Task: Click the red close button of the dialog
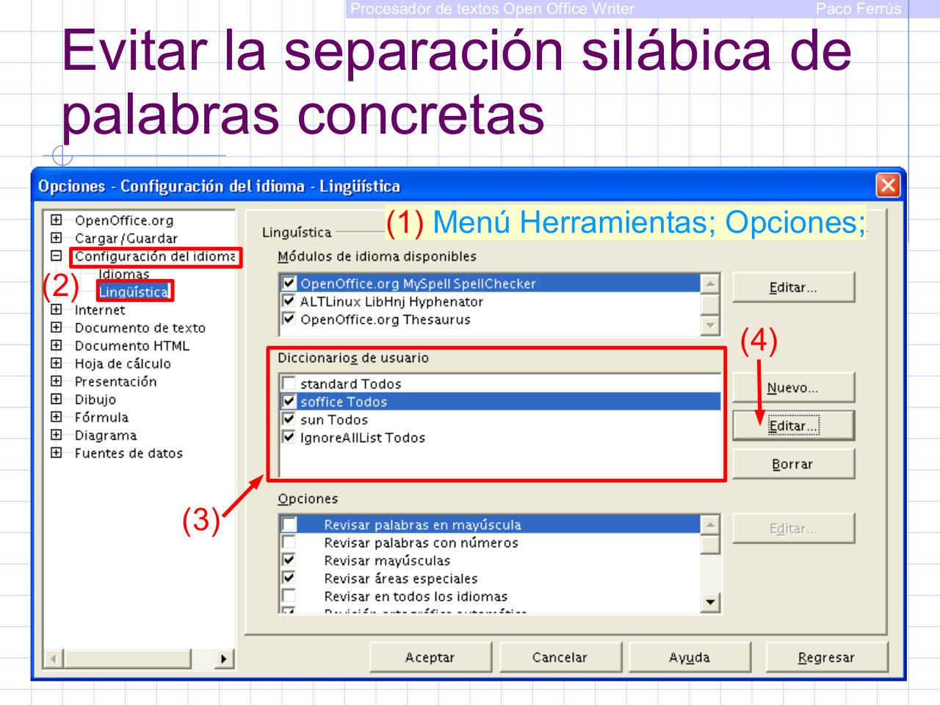point(888,186)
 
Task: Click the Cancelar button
point(560,657)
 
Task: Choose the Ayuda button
point(689,657)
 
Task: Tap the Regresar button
point(826,657)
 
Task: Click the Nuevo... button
point(793,388)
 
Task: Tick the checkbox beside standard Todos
point(289,383)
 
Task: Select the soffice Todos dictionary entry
point(344,402)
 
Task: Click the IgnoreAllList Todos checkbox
point(289,438)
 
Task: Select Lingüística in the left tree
point(134,292)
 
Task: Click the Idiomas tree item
point(124,274)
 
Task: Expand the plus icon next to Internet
point(56,310)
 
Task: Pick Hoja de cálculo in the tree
point(122,364)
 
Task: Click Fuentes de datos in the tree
point(129,453)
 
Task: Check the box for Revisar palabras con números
point(289,543)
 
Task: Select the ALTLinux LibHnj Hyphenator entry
point(391,302)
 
